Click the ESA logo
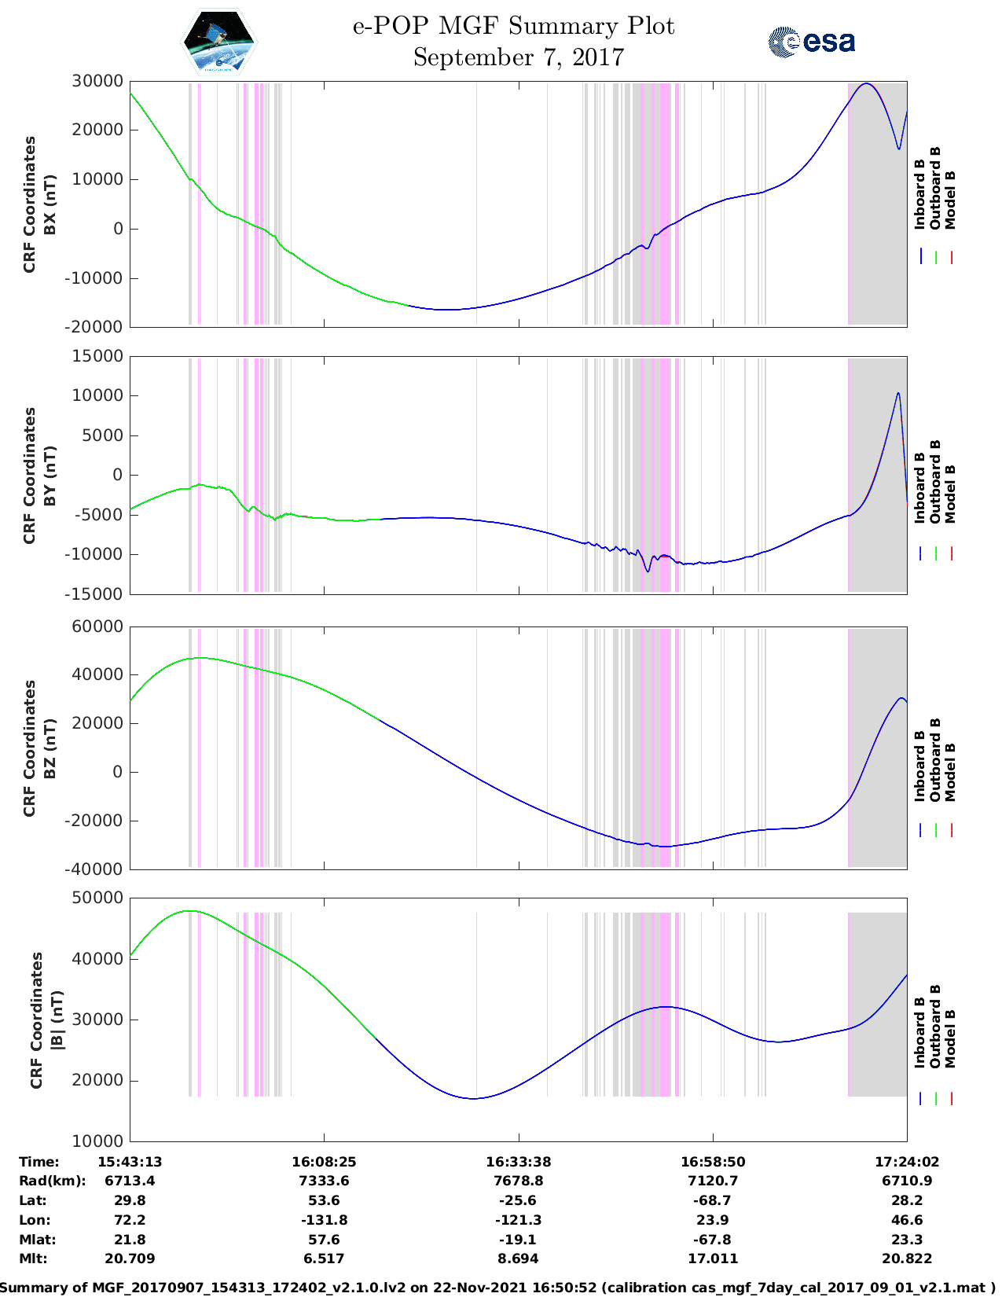tap(811, 42)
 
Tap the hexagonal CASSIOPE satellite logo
tap(218, 42)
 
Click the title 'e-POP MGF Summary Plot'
tap(513, 26)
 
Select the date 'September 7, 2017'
tap(518, 57)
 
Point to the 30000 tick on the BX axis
tap(97, 81)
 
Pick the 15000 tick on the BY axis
tap(97, 356)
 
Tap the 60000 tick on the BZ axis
tap(97, 626)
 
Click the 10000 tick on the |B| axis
tap(97, 1141)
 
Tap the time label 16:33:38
tap(518, 1161)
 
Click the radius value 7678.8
tap(518, 1181)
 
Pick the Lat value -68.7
tap(713, 1200)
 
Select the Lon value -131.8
tap(324, 1220)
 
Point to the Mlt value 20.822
tap(907, 1258)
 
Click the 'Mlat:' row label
tap(36, 1240)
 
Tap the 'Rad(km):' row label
tap(52, 1181)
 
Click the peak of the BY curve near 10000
tap(898, 393)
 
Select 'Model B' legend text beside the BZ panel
tap(950, 772)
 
